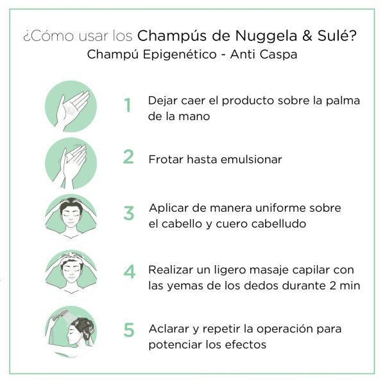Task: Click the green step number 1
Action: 128,105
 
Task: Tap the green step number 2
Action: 129,157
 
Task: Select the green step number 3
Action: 129,214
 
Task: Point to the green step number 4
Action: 130,271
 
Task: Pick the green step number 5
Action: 129,330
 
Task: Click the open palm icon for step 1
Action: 71,106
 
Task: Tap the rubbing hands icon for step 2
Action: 71,162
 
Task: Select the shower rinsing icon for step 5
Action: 71,331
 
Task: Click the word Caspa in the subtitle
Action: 279,55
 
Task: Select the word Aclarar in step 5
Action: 168,328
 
